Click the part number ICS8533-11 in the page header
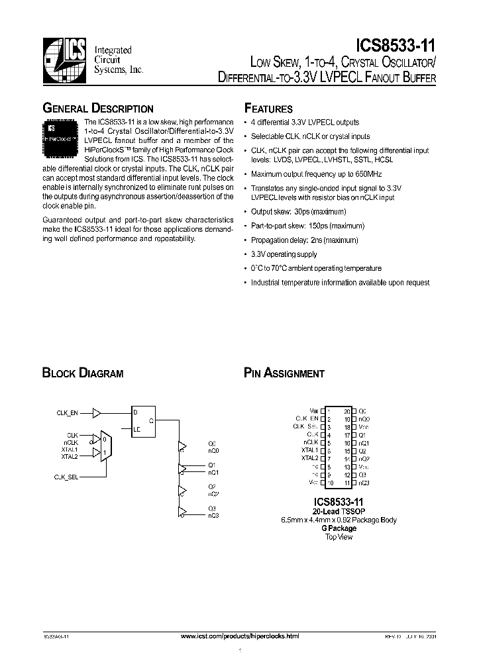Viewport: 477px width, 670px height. click(396, 44)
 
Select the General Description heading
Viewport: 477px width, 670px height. click(98, 109)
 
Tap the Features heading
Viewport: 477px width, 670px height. click(268, 109)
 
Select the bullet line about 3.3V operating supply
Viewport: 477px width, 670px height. click(284, 254)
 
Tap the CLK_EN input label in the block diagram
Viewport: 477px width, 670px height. click(67, 412)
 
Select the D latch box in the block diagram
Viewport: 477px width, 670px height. click(143, 420)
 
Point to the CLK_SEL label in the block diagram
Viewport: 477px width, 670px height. click(66, 476)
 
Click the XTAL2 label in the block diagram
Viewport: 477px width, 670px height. click(70, 457)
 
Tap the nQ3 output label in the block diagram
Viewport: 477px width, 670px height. click(213, 514)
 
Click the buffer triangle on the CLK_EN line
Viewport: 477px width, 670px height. click(97, 412)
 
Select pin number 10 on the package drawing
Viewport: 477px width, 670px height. click(329, 483)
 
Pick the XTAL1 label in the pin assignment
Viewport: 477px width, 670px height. click(309, 449)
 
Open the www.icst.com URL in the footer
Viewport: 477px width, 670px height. click(240, 635)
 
